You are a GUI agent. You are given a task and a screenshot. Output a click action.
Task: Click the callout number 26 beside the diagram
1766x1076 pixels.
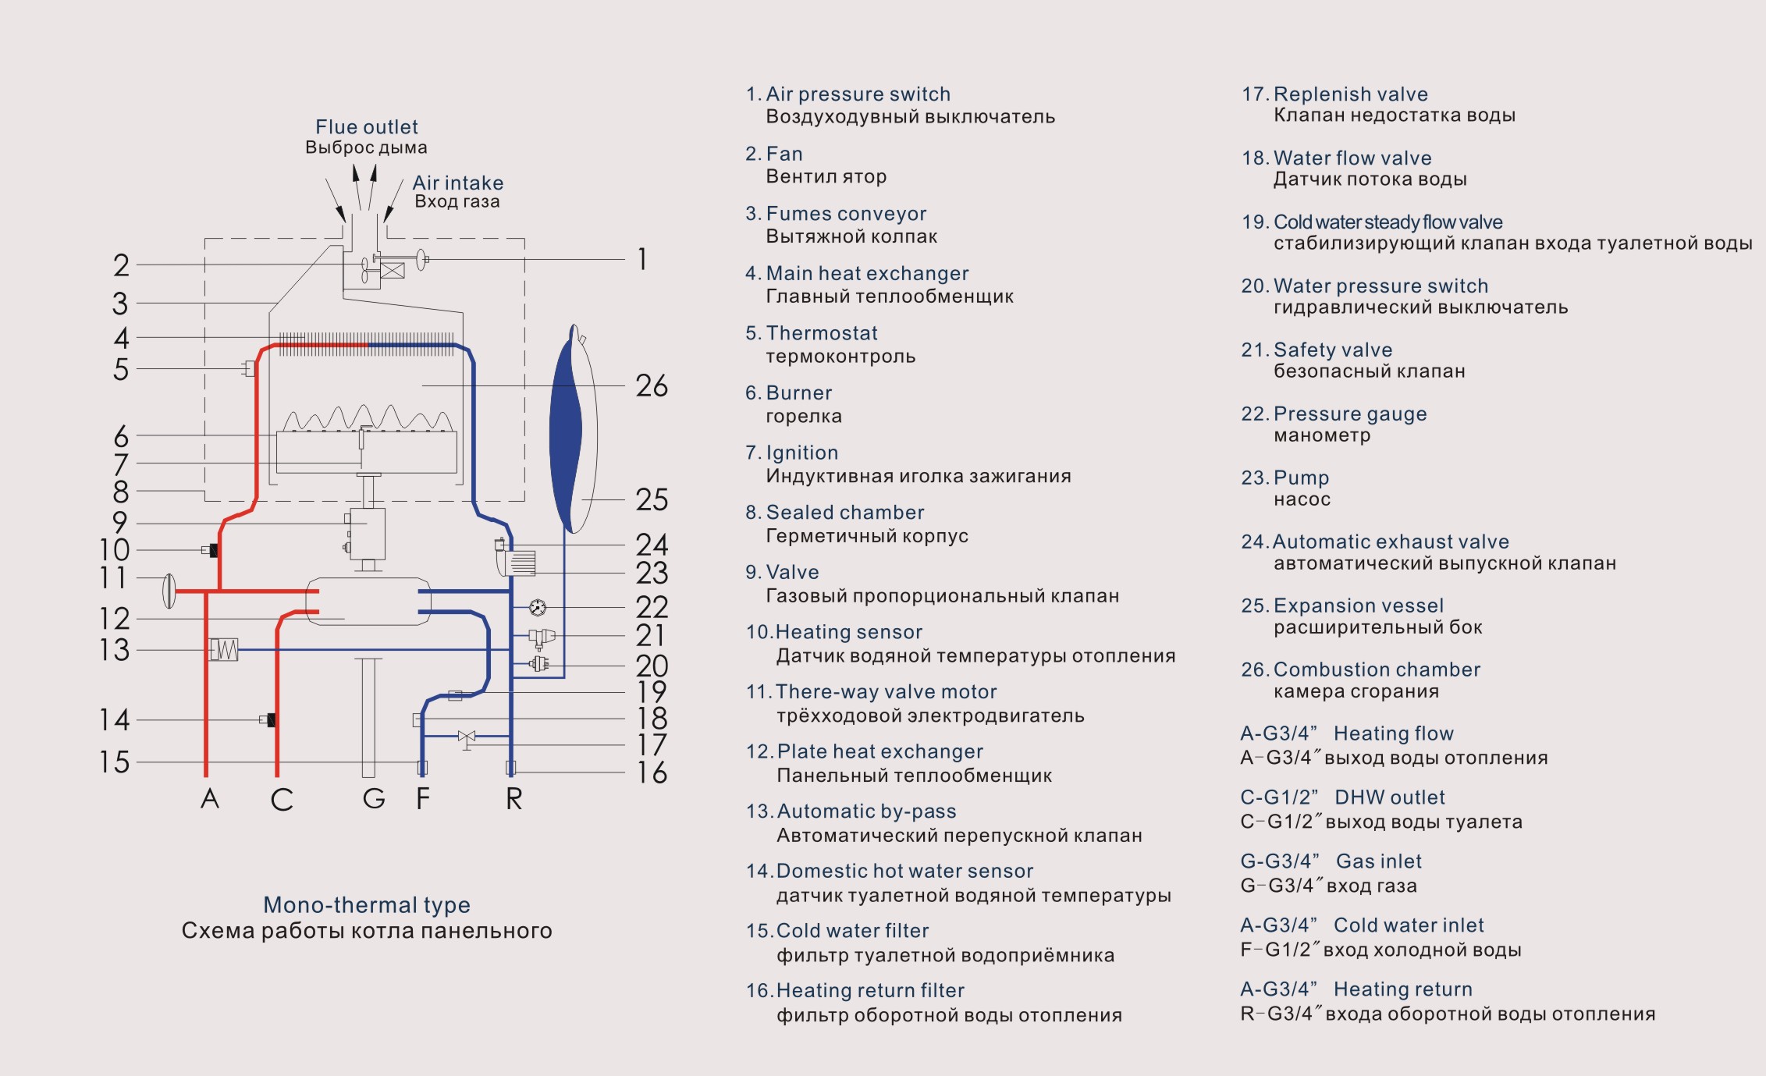pos(652,385)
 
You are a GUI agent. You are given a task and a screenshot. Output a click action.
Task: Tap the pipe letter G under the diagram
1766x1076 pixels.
pos(374,798)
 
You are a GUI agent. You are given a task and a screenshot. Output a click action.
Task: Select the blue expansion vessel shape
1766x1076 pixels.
pos(567,428)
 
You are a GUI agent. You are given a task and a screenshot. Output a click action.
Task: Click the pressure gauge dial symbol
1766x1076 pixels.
pos(538,607)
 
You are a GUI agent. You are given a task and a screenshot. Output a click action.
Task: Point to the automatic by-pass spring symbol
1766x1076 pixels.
pos(224,649)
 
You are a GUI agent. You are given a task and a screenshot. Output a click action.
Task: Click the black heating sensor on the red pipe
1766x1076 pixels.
pos(214,550)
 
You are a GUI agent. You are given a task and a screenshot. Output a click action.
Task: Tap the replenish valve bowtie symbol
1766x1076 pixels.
pos(467,737)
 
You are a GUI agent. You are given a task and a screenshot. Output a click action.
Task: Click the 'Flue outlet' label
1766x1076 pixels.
pos(367,127)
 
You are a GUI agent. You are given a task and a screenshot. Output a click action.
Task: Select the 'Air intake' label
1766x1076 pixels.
pos(458,183)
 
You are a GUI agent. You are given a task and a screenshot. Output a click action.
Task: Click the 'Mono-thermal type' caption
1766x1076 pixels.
pos(367,905)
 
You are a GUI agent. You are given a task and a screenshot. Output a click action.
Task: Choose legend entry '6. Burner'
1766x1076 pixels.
pos(788,393)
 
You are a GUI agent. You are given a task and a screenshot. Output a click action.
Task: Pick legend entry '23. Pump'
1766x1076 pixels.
pos(1285,478)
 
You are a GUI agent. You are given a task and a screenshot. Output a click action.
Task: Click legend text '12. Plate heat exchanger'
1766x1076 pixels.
pos(865,751)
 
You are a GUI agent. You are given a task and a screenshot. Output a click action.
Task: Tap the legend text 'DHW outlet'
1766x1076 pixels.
pos(1390,797)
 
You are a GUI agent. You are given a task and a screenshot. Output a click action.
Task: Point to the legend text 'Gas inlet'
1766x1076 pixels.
pos(1379,861)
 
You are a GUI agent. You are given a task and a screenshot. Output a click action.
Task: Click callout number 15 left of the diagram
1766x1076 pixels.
pos(114,762)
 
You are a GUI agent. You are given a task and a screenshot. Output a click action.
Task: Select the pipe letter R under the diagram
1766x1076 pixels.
pos(513,798)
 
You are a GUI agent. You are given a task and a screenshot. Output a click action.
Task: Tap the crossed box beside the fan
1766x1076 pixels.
pos(393,271)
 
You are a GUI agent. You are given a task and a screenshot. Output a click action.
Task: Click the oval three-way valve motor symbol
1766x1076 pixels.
pos(169,591)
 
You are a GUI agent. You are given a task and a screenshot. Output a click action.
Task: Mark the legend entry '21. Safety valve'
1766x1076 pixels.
pos(1317,350)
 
